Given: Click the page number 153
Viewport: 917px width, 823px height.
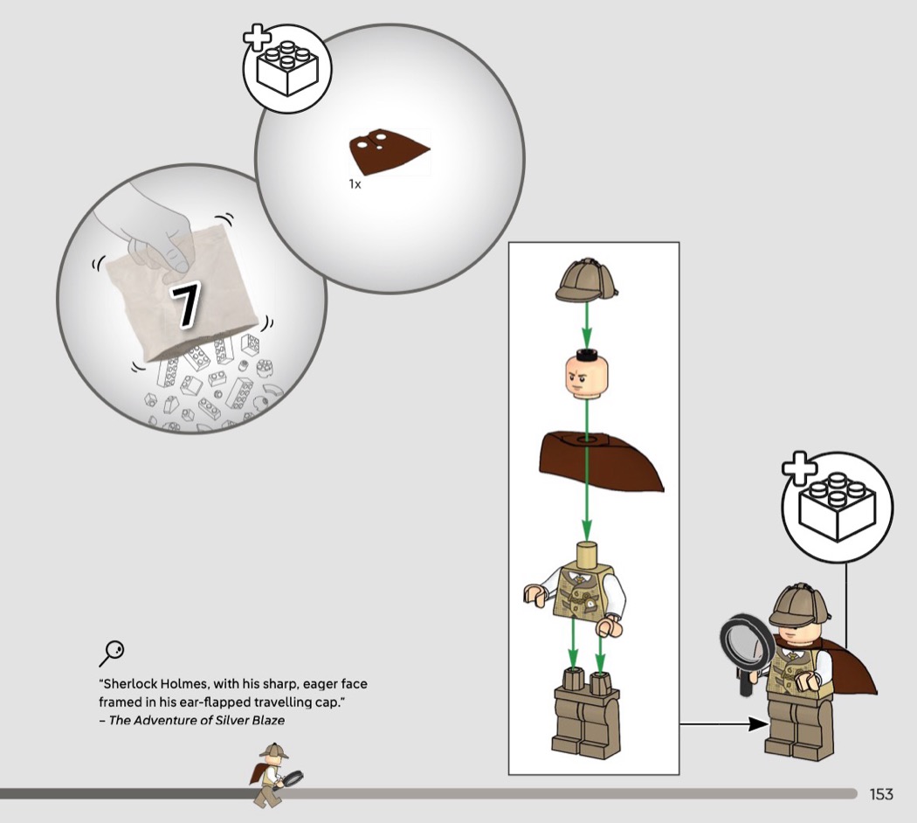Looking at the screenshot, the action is tap(881, 794).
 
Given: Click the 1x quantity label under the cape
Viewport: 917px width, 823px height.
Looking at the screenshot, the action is tap(355, 184).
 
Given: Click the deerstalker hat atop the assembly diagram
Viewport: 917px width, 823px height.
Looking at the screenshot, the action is tap(587, 280).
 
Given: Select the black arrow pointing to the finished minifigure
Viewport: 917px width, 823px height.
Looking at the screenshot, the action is tap(724, 724).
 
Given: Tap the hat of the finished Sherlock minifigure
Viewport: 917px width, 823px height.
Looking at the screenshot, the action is tap(800, 604).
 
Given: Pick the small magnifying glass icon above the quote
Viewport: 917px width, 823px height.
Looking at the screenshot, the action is tap(111, 654).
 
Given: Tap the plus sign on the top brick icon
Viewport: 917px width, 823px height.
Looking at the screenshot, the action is tap(257, 38).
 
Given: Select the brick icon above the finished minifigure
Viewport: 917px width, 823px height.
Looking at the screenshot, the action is tap(838, 507).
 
